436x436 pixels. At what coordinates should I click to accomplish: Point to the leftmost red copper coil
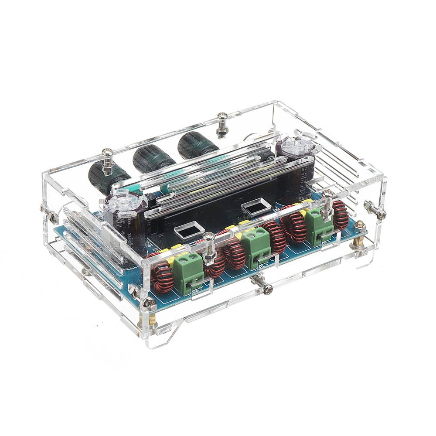coord(163,275)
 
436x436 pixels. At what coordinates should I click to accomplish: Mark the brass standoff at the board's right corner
coord(360,235)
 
